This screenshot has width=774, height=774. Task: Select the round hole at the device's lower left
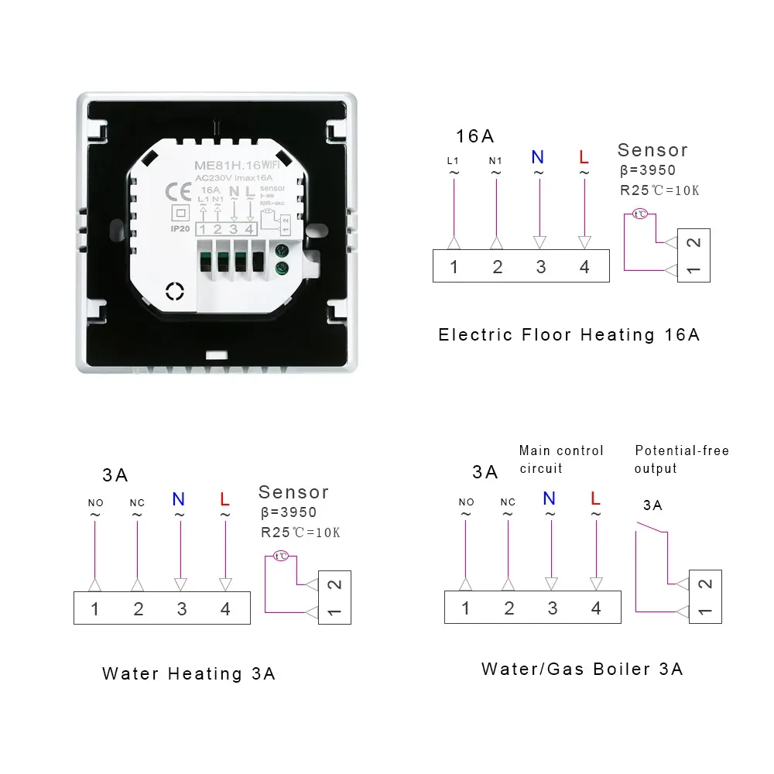[x=175, y=290]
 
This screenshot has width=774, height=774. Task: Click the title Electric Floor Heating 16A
[x=569, y=334]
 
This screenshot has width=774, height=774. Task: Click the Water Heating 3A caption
[x=188, y=673]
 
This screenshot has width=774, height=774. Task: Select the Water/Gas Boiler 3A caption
[x=582, y=669]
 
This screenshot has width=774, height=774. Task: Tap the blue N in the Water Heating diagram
[x=179, y=499]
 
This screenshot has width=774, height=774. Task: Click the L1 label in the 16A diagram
[x=454, y=161]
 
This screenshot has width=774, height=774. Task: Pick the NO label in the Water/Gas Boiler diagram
[x=466, y=502]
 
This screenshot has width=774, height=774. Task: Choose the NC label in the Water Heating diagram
[x=137, y=503]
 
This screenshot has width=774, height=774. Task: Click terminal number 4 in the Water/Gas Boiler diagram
[x=596, y=608]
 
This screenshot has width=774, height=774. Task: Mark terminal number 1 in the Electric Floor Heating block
[x=454, y=267]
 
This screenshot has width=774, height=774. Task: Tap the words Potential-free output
[x=681, y=459]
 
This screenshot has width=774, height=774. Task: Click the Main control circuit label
[x=561, y=459]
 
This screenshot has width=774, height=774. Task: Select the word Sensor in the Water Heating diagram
[x=293, y=492]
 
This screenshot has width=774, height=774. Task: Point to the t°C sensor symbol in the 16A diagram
[x=640, y=214]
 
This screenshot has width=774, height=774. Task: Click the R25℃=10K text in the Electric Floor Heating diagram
[x=660, y=190]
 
